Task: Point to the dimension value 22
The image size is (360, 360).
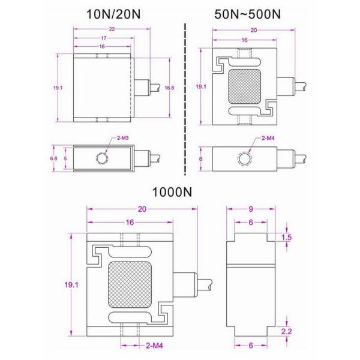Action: pos(103,29)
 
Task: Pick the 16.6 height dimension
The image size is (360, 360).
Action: pos(170,87)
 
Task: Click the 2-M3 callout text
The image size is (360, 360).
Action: pos(124,139)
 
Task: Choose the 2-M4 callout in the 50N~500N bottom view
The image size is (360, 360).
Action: pos(268,139)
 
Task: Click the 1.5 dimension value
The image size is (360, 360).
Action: pos(287,238)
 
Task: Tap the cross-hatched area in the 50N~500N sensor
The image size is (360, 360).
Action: pos(244,87)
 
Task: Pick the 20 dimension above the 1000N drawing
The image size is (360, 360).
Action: pos(142,209)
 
